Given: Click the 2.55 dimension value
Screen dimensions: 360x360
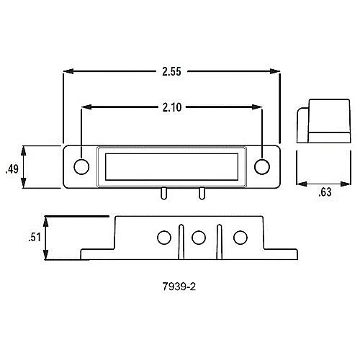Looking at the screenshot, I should (x=171, y=71).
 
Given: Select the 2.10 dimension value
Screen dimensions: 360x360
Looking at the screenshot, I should (x=171, y=107).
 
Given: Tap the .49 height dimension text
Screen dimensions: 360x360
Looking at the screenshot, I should (x=11, y=169).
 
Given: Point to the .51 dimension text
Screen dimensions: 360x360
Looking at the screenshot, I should (x=32, y=238).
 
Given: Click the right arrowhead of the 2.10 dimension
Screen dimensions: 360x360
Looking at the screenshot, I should (x=260, y=107).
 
